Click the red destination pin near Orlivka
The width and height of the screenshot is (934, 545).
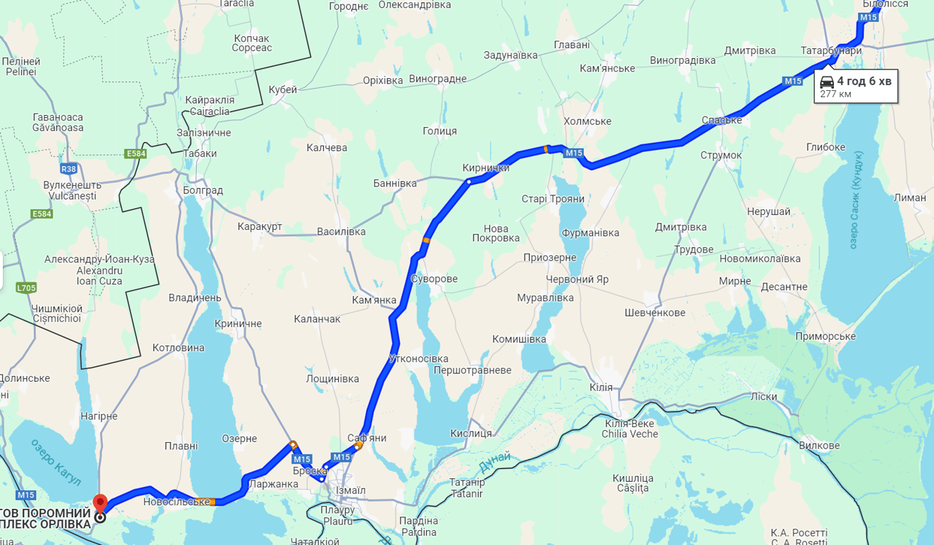[x=100, y=502]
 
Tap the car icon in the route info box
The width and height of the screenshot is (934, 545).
[x=827, y=82]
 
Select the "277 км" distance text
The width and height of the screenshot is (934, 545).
[x=836, y=94]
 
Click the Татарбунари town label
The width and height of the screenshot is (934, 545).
[x=831, y=51]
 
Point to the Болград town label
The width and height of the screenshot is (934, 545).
[x=202, y=190]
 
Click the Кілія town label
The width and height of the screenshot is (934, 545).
[x=601, y=387]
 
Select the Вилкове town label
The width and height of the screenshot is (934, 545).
[x=819, y=446]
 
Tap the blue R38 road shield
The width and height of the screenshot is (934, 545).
[x=69, y=169]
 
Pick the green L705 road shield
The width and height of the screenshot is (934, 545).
[x=26, y=288]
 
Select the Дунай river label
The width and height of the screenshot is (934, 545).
[x=494, y=463]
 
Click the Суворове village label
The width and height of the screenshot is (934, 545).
[x=434, y=279]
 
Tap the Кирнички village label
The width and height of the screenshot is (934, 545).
[x=486, y=168]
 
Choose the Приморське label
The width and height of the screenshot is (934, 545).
[x=825, y=336]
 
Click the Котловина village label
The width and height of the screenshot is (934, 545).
[x=178, y=348]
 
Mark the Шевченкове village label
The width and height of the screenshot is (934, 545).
[x=655, y=313]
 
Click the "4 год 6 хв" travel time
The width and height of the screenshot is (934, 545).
[x=864, y=81]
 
